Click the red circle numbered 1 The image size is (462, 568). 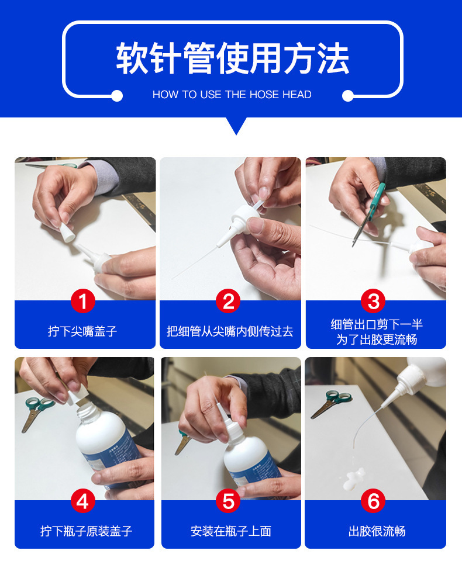[82, 301]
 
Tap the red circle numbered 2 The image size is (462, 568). [228, 301]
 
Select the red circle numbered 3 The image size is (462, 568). [374, 301]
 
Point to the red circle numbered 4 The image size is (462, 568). [82, 501]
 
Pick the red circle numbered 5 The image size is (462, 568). [228, 501]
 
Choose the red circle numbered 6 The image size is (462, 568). [374, 501]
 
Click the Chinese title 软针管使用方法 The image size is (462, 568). [232, 58]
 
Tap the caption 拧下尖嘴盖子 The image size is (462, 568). [82, 331]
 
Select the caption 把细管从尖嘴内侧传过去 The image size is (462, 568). [230, 331]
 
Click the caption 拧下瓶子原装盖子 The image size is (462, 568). [87, 531]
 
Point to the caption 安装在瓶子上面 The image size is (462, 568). [231, 531]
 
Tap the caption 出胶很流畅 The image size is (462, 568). [377, 531]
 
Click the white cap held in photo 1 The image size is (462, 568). [67, 232]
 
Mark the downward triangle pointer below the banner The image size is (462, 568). [236, 125]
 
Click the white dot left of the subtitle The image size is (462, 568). [117, 96]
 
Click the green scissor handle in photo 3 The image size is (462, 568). [377, 198]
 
